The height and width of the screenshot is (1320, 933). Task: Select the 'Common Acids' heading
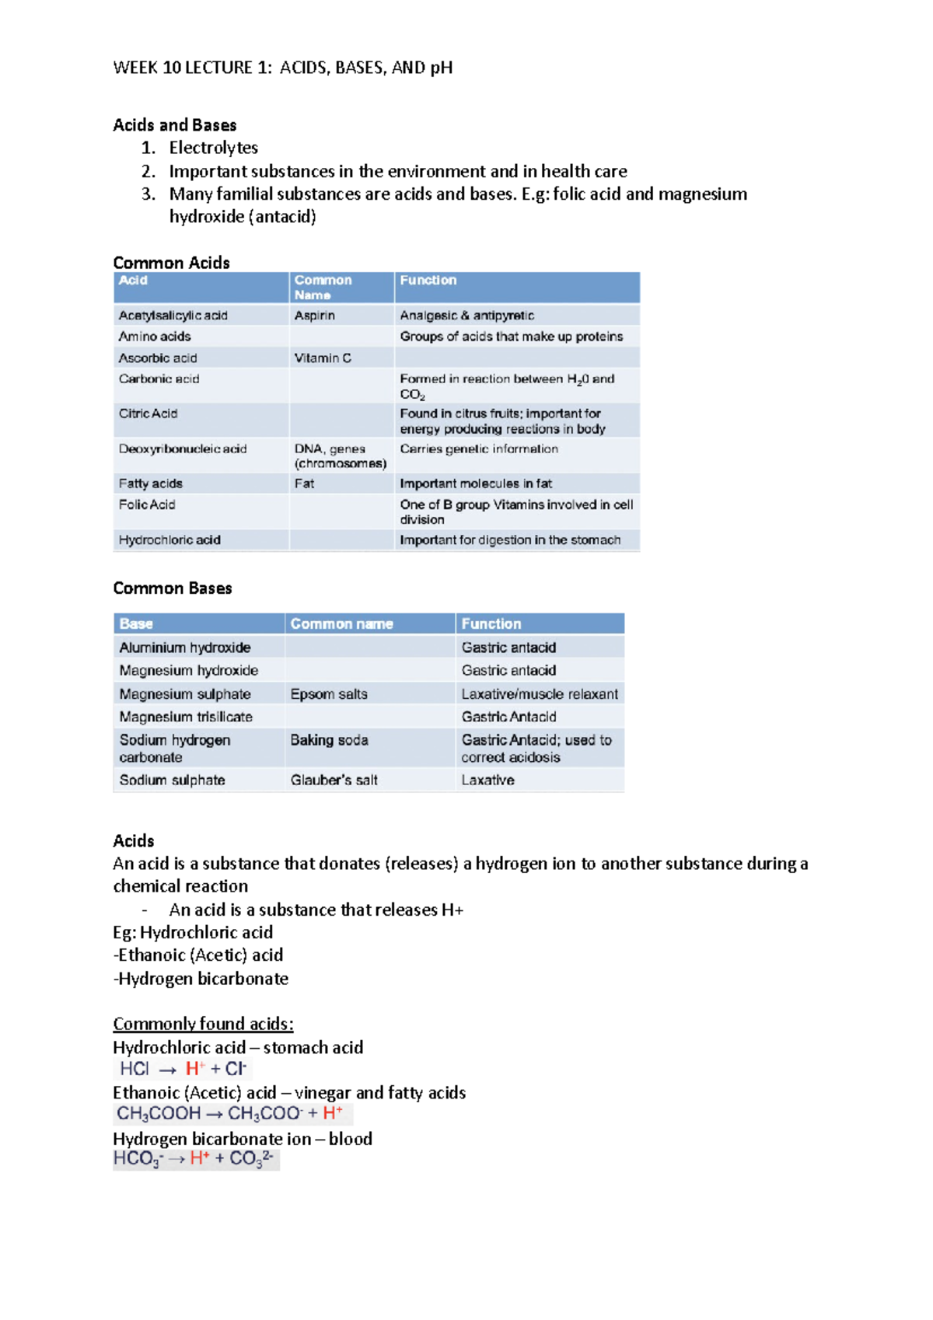[x=171, y=263]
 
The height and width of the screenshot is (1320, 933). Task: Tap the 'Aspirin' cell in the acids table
[x=314, y=316]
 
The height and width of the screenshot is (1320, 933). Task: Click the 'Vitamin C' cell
[x=323, y=358]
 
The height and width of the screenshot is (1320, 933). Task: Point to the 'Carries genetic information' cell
[x=479, y=449]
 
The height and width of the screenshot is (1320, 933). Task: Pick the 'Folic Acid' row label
[x=147, y=505]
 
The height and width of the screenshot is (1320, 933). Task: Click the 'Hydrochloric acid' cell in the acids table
[x=169, y=540]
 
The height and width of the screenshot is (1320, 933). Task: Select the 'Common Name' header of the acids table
[x=323, y=288]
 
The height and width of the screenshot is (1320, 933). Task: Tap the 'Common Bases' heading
[x=173, y=588]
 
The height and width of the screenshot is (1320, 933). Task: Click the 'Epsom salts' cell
[x=329, y=694]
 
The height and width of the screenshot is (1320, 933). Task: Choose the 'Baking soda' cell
[x=329, y=740]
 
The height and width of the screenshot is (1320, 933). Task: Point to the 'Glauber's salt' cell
[x=334, y=780]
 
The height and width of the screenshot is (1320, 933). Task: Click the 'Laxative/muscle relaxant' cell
[x=540, y=694]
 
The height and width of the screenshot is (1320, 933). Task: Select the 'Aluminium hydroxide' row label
[x=185, y=648]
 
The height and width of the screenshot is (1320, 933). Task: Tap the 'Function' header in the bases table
[x=491, y=624]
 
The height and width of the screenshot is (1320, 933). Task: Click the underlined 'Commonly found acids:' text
[x=203, y=1024]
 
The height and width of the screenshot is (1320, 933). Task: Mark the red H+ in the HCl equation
[x=195, y=1069]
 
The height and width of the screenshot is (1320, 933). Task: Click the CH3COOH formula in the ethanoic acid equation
[x=159, y=1114]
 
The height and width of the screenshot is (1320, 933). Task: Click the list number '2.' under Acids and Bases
[x=149, y=172]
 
